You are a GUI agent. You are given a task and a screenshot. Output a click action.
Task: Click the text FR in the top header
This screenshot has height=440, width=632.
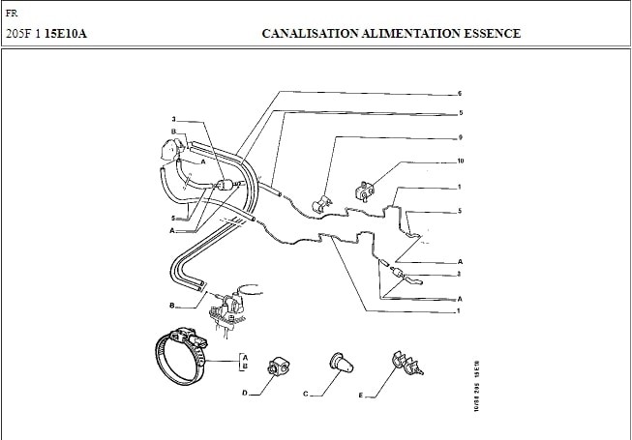tap(11, 15)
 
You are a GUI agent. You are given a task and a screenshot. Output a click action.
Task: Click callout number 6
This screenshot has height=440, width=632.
tap(459, 93)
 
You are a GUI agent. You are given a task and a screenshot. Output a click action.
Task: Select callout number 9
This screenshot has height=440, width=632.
tap(459, 136)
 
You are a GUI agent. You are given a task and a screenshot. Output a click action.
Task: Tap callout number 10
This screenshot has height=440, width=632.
tap(460, 160)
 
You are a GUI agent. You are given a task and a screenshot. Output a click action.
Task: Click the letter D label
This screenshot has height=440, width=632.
tap(245, 394)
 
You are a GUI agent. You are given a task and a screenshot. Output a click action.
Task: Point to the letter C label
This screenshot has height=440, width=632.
tap(306, 394)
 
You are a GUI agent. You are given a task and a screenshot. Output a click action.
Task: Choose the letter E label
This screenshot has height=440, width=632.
tap(361, 396)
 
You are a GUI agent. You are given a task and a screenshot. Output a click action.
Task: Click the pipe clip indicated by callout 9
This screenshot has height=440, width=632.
tap(322, 203)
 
